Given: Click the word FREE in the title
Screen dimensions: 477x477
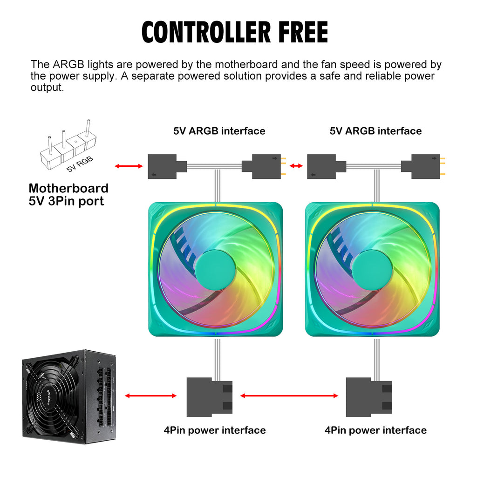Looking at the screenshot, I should click(303, 32).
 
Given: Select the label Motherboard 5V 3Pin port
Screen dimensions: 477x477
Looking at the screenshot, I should click(68, 195).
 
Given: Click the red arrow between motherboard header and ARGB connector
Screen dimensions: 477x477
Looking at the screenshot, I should click(129, 166).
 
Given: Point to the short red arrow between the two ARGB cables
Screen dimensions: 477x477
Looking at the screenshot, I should click(295, 166).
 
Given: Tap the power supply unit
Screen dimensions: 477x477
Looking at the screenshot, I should click(68, 396).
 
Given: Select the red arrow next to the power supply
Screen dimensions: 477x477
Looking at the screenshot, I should click(150, 396).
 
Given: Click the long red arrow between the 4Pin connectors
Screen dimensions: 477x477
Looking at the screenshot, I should click(289, 396).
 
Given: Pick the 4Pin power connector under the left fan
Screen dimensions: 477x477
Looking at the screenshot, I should click(209, 397).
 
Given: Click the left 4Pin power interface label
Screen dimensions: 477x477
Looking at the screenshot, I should click(215, 430).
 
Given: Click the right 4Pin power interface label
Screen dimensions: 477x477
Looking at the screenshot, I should click(375, 430).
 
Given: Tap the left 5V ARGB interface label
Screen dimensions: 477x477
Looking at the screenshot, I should click(219, 131).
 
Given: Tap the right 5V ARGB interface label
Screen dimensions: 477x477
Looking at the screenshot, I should click(375, 131).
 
